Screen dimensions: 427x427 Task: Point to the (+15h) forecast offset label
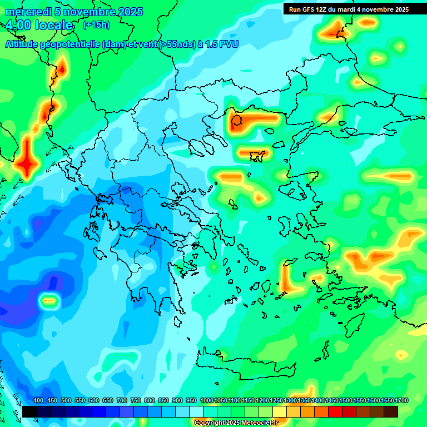pos(96,25)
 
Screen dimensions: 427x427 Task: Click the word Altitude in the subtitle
pos(23,44)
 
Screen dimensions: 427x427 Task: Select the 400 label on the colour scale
pos(38,400)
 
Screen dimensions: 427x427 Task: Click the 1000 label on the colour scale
pos(207,400)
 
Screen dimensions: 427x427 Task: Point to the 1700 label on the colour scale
pos(388,400)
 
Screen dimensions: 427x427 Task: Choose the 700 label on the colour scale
pos(122,400)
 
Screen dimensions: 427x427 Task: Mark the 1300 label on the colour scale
pos(290,400)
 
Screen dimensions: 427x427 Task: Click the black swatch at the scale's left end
pos(29,411)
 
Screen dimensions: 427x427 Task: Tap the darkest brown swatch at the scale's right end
pos(391,411)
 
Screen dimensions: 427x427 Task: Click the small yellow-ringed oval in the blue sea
pos(49,301)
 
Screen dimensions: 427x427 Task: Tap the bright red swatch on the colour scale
pos(335,411)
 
